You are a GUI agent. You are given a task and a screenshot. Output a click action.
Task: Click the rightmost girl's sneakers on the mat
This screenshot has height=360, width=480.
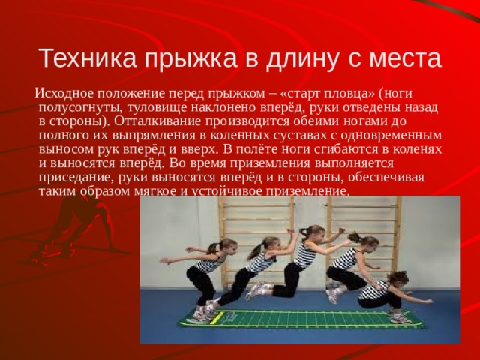[x=398, y=317]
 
